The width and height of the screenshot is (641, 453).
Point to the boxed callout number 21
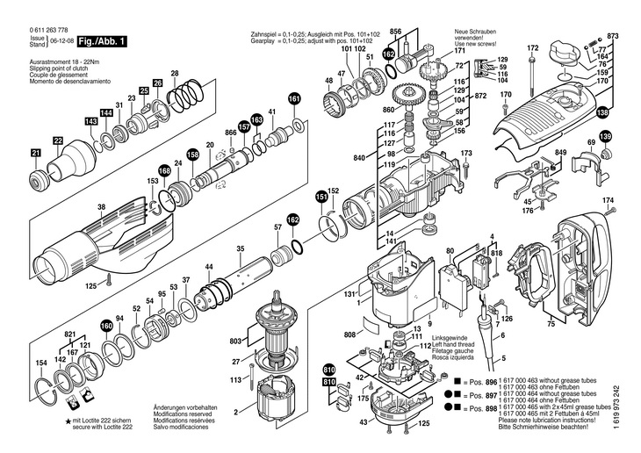pyautogui.click(x=36, y=154)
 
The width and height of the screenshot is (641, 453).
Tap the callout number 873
pyautogui.click(x=613, y=35)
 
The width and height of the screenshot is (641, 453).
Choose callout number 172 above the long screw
pyautogui.click(x=532, y=47)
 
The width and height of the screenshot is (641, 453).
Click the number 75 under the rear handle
pyautogui.click(x=551, y=324)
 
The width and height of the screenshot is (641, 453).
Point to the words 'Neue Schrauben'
pyautogui.click(x=475, y=31)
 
